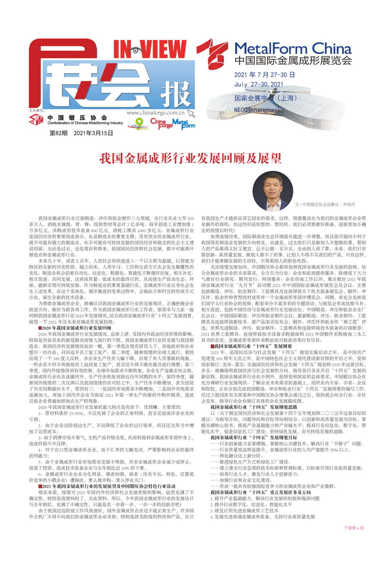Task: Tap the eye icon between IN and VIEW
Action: pyautogui.click(x=136, y=50)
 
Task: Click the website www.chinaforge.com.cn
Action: pyautogui.click(x=155, y=113)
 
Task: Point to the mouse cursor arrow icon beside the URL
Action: pyautogui.click(x=191, y=113)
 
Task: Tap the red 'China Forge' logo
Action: pyautogui.click(x=161, y=124)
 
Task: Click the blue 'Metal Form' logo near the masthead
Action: pyautogui.click(x=184, y=124)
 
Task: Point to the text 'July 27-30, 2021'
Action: pyautogui.click(x=258, y=85)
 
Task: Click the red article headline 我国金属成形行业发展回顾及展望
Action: pyautogui.click(x=194, y=158)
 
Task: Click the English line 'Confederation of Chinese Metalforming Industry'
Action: pyautogui.click(x=85, y=123)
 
